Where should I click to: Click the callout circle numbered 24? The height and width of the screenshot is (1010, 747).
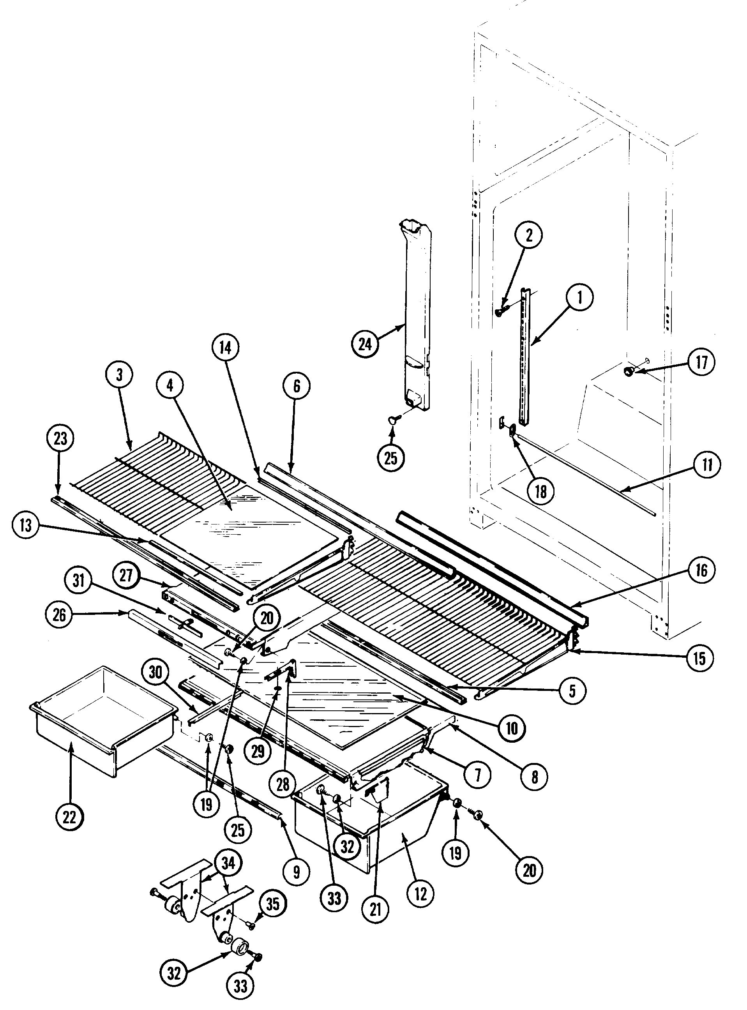point(365,344)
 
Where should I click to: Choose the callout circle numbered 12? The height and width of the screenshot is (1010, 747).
point(420,893)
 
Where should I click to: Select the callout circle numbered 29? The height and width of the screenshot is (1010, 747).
point(258,751)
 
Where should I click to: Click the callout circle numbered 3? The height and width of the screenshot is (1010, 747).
point(119,375)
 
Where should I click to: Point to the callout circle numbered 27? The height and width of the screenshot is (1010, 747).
point(126,575)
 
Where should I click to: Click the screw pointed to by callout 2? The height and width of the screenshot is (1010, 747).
point(499,312)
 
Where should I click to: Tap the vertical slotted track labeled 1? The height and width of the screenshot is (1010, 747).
point(524,357)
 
